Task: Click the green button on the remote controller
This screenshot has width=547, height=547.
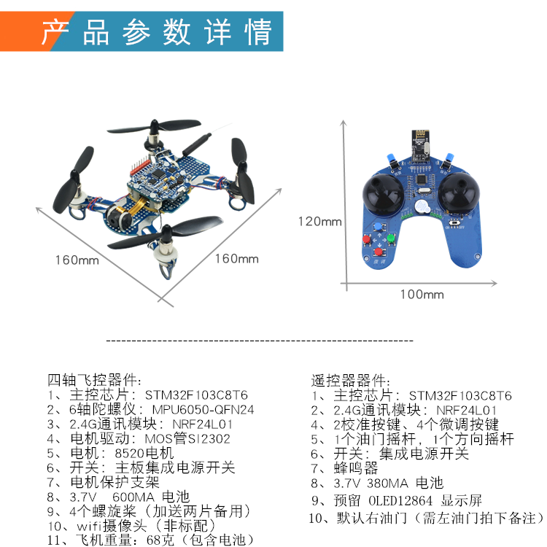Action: (391, 238)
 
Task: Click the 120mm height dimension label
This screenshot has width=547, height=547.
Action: (319, 221)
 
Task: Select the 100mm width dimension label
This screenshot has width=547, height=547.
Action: (422, 294)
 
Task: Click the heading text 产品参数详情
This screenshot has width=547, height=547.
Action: (156, 33)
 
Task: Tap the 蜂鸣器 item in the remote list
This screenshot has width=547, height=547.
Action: (356, 468)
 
